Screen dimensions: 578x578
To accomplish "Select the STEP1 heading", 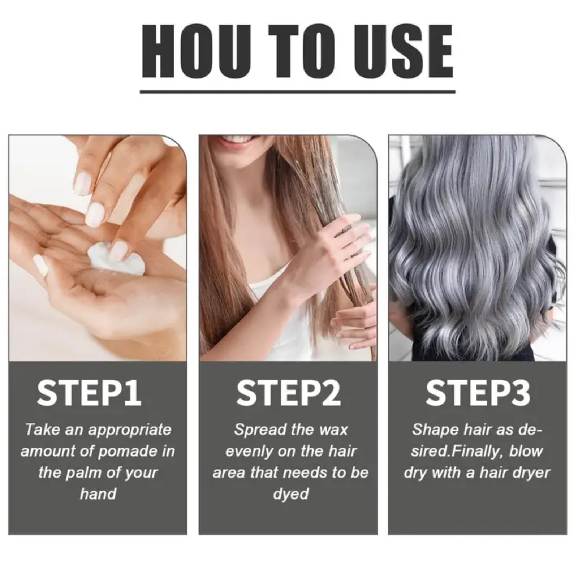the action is pos(89,392).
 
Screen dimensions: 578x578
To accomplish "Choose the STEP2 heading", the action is pos(289,392).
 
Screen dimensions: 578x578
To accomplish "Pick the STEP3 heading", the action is pos(478,392).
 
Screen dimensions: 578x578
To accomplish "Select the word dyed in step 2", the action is pos(291,495).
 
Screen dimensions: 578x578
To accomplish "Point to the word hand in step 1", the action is pos(98,494).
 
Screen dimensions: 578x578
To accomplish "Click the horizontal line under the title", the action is pos(298,92).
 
